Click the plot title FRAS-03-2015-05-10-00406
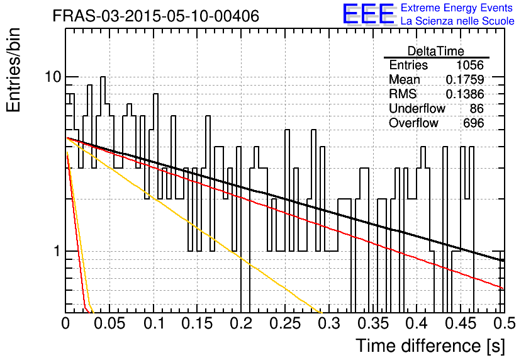(x=156, y=16)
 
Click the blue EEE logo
(x=368, y=14)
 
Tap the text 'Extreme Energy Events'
(x=457, y=8)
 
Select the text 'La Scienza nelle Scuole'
(x=457, y=21)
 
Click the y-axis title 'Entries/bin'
(x=13, y=70)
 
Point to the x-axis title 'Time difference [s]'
(x=430, y=346)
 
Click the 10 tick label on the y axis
(x=53, y=77)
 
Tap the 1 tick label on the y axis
(x=57, y=251)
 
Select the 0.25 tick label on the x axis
(x=285, y=323)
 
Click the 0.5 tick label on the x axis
(x=504, y=323)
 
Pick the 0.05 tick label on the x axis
(x=109, y=323)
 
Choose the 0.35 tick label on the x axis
(x=373, y=323)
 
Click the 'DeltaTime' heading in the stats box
(x=436, y=51)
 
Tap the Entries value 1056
(x=469, y=65)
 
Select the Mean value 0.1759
(x=465, y=80)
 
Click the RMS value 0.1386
(x=465, y=94)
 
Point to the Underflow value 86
(x=477, y=109)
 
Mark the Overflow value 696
(x=473, y=123)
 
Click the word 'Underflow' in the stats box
(x=417, y=109)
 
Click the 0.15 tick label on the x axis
(x=198, y=323)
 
